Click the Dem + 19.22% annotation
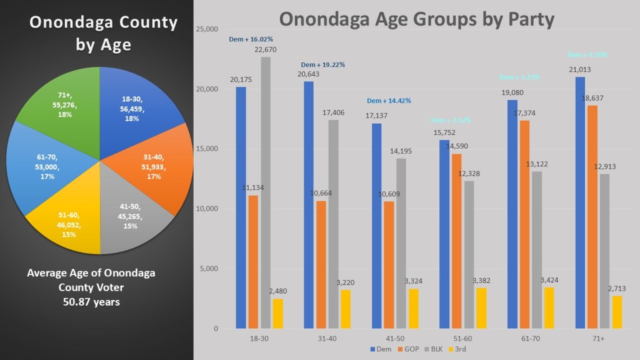[x=323, y=64]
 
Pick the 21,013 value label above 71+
[x=580, y=70]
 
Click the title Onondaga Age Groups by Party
[x=416, y=19]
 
